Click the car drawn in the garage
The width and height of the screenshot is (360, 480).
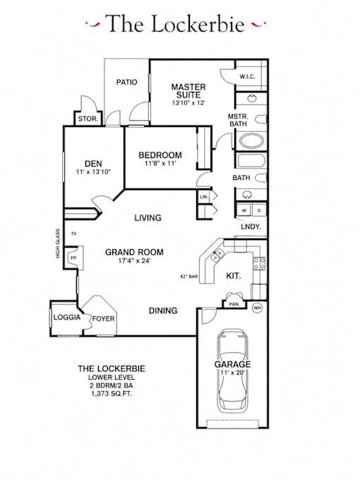(x=233, y=371)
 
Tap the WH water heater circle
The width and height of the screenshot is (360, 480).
(x=257, y=308)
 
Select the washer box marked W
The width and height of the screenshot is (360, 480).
(x=244, y=210)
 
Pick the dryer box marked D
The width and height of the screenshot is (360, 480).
(x=259, y=210)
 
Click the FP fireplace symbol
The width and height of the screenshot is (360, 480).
(x=73, y=258)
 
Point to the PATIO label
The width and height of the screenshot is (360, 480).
(x=127, y=82)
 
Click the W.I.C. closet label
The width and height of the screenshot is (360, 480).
(x=247, y=76)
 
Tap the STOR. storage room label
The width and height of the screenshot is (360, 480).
(x=88, y=119)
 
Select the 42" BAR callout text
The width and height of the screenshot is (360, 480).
(x=189, y=277)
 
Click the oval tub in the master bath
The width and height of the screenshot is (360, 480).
(x=251, y=141)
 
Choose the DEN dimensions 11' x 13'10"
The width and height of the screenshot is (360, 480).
(x=93, y=172)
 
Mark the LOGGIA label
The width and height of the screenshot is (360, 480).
(x=67, y=317)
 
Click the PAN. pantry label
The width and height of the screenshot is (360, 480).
(x=234, y=305)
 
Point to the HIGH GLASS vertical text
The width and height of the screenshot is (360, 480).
(x=58, y=244)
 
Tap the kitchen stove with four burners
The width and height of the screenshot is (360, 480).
(x=259, y=263)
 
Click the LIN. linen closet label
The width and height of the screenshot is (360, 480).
(x=204, y=197)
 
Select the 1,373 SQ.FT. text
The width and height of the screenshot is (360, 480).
(x=112, y=394)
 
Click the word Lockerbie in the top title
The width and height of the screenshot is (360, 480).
(x=198, y=24)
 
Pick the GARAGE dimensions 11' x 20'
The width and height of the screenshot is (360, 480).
(x=232, y=373)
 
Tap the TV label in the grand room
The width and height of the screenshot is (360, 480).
(x=74, y=234)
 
